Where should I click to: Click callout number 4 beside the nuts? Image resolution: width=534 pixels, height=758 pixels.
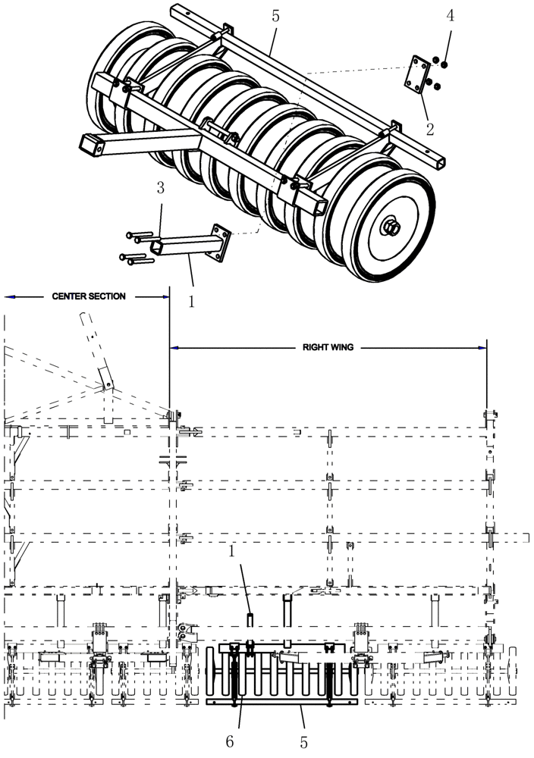click(x=450, y=16)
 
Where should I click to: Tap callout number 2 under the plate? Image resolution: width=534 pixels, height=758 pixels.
click(x=430, y=130)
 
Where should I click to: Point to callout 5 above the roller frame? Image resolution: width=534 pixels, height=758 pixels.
click(x=276, y=15)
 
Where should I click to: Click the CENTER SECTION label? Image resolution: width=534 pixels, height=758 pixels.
click(x=89, y=296)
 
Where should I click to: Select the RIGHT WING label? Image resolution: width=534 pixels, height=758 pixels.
click(x=328, y=347)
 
